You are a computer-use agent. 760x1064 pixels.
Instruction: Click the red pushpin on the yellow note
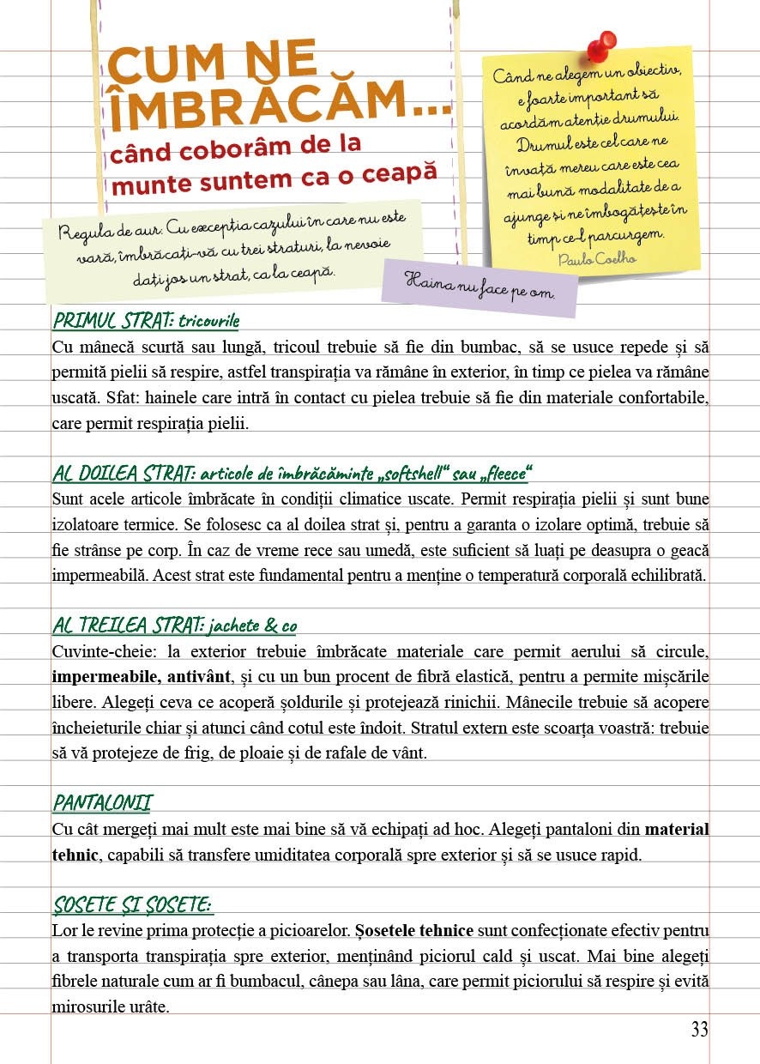click(x=604, y=45)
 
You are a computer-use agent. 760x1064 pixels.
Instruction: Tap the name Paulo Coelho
click(x=597, y=258)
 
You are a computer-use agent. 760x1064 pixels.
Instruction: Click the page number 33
click(x=700, y=1030)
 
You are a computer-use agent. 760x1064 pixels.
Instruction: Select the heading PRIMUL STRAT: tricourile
click(x=146, y=321)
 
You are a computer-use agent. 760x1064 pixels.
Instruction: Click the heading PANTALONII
click(x=102, y=803)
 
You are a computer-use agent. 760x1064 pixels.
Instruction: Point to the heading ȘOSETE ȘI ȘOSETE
click(x=133, y=904)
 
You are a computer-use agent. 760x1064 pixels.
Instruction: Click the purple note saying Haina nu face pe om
click(x=480, y=284)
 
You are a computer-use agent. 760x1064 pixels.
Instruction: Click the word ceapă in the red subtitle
click(x=395, y=172)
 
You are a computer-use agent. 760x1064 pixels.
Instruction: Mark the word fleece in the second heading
click(x=504, y=473)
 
